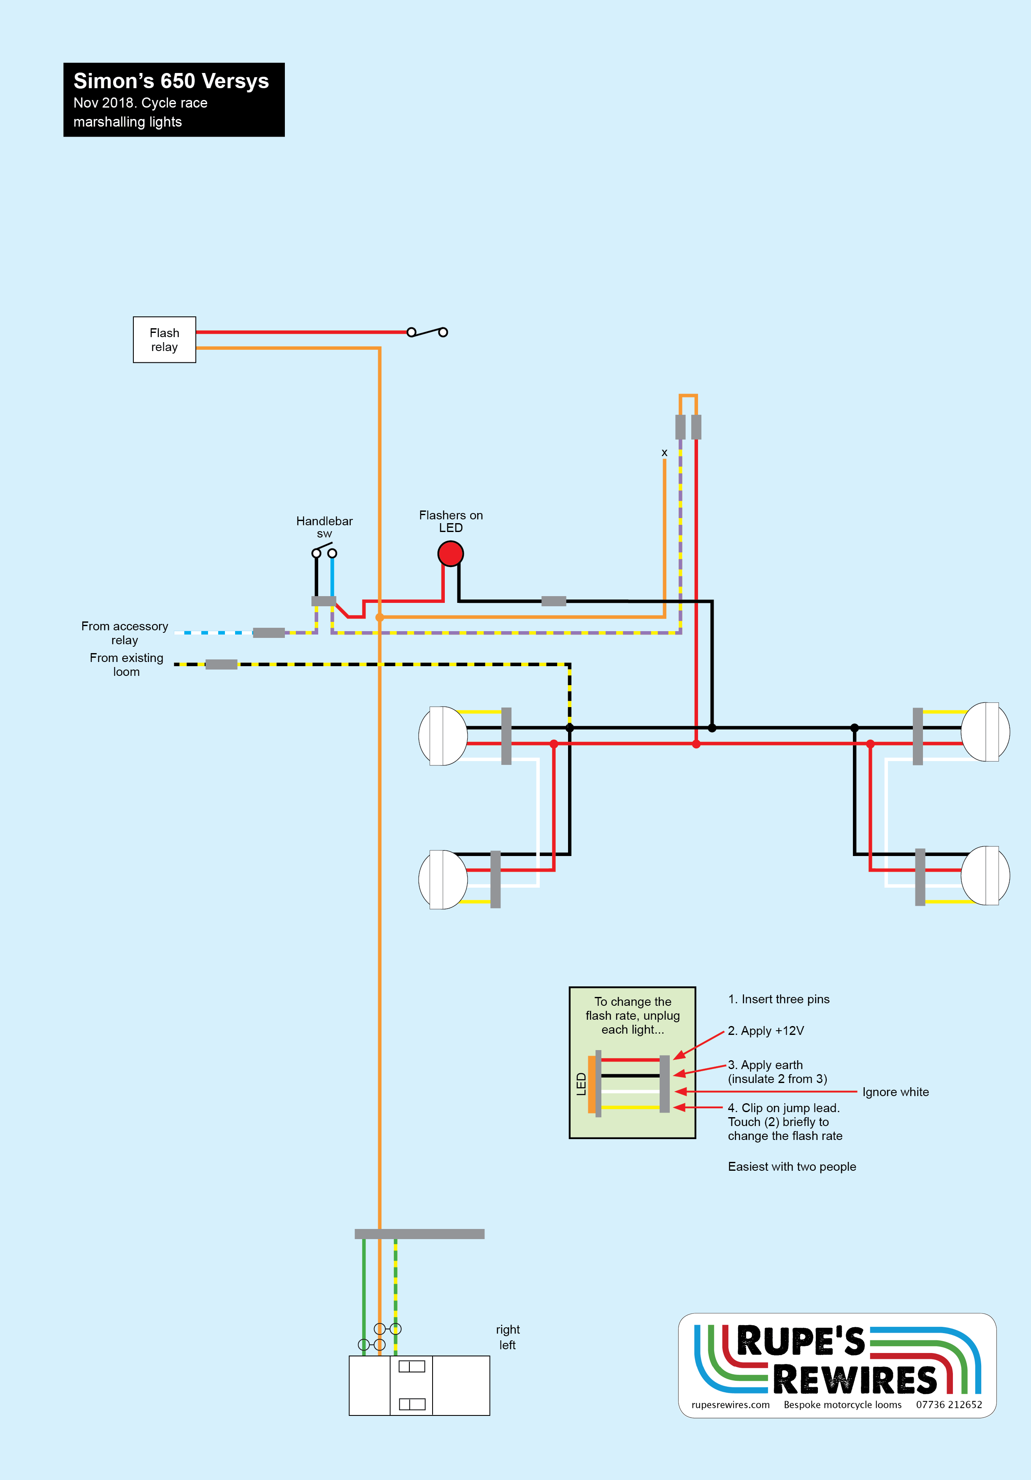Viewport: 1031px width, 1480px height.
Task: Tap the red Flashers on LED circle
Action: coord(451,553)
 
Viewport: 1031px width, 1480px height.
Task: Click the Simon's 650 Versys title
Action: coord(171,81)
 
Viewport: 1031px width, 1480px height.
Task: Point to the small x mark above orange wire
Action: coord(664,453)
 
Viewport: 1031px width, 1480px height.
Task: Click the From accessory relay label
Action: coord(124,633)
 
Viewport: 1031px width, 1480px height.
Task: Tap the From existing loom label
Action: coord(126,664)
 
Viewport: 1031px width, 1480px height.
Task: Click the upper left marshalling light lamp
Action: coord(443,735)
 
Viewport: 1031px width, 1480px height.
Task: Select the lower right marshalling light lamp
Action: coord(985,875)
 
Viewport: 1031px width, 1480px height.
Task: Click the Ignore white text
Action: coord(896,1092)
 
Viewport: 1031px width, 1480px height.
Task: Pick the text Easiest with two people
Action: coord(792,1167)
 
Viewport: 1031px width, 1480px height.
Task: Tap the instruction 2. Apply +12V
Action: coord(766,1031)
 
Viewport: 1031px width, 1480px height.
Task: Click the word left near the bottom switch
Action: coord(507,1345)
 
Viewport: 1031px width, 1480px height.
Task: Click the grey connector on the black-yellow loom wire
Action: coord(221,664)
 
